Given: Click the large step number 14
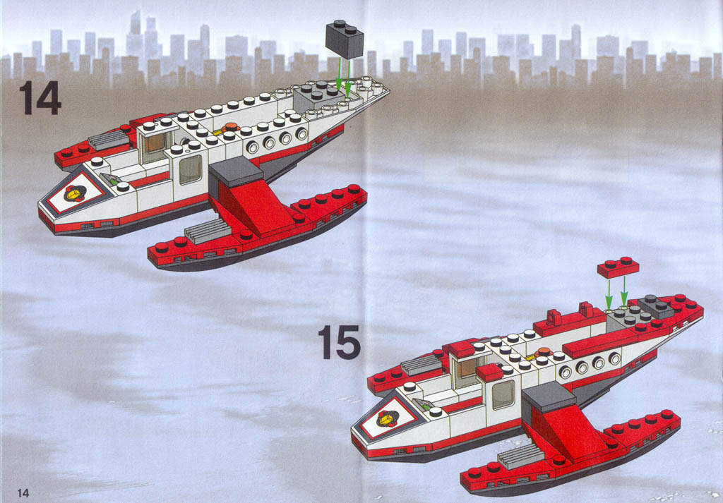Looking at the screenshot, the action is [x=40, y=97].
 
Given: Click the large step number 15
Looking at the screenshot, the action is [x=339, y=341].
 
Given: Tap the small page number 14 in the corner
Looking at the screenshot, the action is [x=23, y=492].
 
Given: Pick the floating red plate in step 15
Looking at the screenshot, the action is [x=619, y=267].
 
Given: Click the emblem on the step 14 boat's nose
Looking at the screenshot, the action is [x=75, y=193].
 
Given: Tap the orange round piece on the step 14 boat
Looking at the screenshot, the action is [x=231, y=128].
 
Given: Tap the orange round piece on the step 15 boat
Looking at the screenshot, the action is [x=544, y=352].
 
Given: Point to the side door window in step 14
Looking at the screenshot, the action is [x=190, y=169].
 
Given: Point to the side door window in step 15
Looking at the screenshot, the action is [x=503, y=395].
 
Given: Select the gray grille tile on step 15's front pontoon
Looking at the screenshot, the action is [x=521, y=456].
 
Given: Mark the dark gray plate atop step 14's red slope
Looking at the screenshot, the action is [x=236, y=171].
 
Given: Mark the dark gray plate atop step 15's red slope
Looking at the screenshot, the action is [x=549, y=396].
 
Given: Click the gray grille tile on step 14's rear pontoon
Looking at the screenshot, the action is [x=109, y=140].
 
